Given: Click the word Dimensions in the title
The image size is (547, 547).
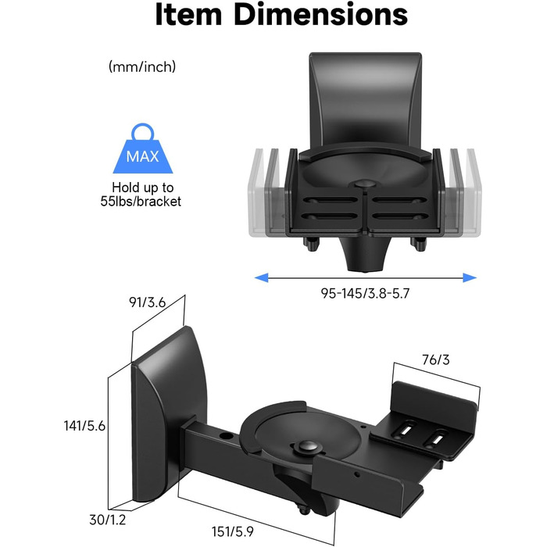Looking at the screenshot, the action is [x=320, y=14].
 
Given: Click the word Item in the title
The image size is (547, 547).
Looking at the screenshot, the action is [x=188, y=14].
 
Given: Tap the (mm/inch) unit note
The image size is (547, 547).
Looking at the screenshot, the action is [x=142, y=66].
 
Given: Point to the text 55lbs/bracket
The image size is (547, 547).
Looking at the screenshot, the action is [x=141, y=202].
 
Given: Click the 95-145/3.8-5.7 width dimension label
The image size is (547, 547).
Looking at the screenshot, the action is [x=365, y=293].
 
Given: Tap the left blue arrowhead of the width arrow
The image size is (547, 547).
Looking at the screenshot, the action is [x=262, y=277].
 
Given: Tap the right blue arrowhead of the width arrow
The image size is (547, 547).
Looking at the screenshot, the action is [x=470, y=277].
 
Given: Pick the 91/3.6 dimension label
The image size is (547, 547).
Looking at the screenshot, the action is [x=147, y=302].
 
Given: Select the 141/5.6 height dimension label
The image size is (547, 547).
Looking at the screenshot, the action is [x=84, y=426].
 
